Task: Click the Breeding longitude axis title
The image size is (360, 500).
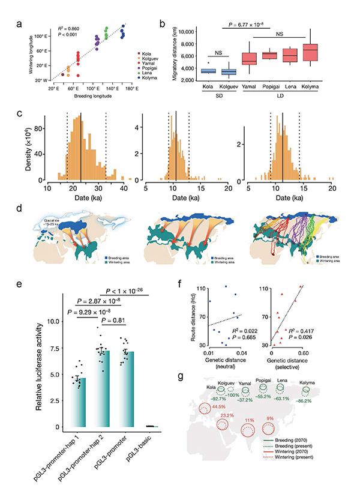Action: [x=86, y=95]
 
